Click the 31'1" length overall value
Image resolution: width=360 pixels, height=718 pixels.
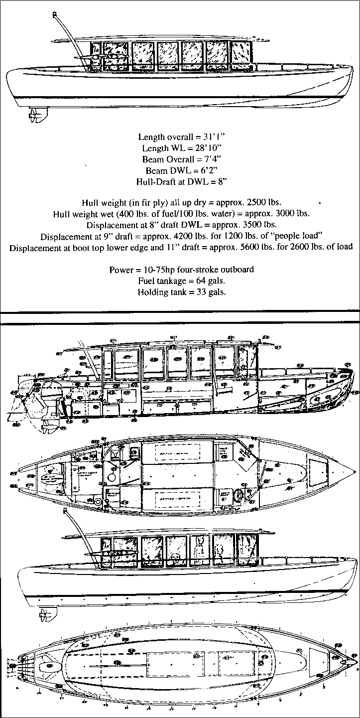[x=212, y=136]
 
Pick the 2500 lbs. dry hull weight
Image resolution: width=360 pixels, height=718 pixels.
[x=264, y=202]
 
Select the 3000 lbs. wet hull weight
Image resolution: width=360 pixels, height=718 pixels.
[x=293, y=214]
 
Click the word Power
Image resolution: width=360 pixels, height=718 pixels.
[x=121, y=270]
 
